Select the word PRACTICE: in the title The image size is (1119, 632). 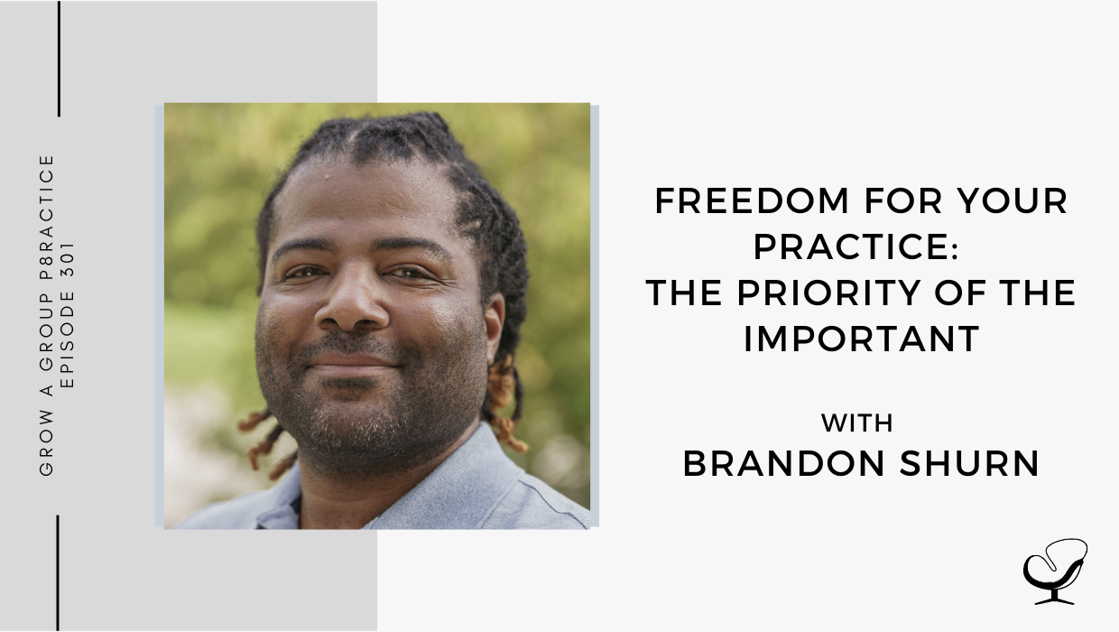(855, 246)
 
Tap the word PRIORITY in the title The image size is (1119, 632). (828, 293)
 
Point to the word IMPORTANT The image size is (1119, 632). (861, 339)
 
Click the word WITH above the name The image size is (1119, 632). (857, 423)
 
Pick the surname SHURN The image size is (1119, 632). (969, 464)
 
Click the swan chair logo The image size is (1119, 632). (1055, 572)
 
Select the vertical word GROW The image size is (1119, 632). (46, 441)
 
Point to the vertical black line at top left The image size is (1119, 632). (59, 59)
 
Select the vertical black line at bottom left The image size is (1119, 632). (58, 573)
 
